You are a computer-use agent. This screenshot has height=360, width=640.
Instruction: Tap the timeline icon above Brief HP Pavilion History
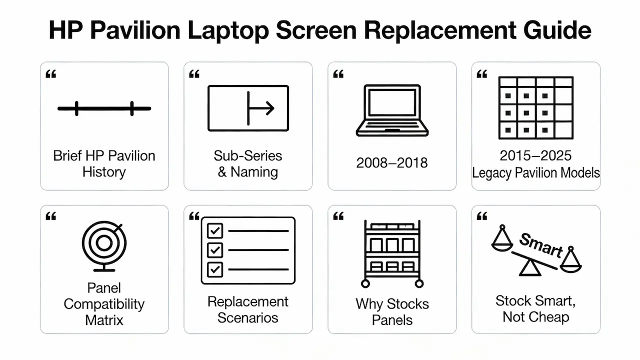pos(104,108)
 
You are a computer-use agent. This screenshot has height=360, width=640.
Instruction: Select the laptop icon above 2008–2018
pos(392,110)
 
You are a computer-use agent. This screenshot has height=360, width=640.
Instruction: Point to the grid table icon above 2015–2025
pos(536,108)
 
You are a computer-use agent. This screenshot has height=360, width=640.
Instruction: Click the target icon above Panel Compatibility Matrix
pos(104,244)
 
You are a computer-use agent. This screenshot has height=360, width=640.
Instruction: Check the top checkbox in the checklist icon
pos(215,231)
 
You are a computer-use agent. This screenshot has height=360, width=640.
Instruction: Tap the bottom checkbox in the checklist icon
pos(215,269)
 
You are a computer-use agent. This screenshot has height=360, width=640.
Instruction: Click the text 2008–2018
pos(392,163)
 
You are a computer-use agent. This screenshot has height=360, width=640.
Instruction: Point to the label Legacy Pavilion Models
pos(536,173)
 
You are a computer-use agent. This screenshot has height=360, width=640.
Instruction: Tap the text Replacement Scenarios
pos(248,309)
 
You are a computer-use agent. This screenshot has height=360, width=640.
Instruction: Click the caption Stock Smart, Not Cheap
pos(536,308)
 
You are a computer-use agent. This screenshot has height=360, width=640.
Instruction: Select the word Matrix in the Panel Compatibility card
pos(104,320)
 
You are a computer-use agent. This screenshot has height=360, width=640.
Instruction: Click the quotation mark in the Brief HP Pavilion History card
pos(50,74)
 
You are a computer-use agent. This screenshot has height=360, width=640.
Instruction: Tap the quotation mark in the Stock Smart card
pos(482,216)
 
